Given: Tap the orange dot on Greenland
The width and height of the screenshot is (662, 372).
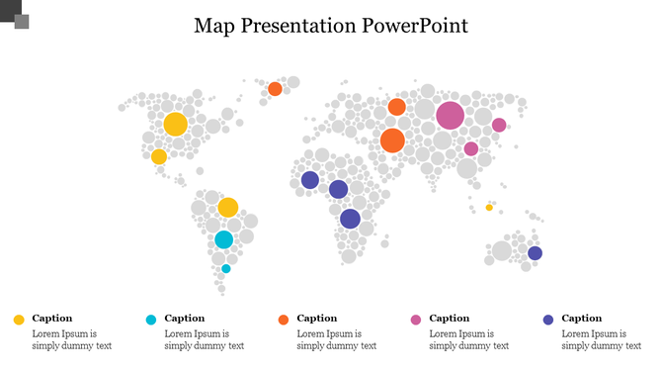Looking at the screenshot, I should (x=275, y=89).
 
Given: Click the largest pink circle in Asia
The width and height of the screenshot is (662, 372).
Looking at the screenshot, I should (x=450, y=115).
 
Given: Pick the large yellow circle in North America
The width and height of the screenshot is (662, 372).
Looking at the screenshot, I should (x=175, y=124).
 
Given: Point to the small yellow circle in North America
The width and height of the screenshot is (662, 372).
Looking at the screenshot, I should (x=159, y=156).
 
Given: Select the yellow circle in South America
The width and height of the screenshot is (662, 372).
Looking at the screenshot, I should (x=228, y=207).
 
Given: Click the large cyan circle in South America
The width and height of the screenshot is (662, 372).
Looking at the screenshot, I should (x=224, y=239).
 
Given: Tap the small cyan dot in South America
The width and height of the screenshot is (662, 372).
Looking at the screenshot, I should (x=226, y=268).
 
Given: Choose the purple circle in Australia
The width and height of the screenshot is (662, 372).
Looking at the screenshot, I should (x=535, y=253).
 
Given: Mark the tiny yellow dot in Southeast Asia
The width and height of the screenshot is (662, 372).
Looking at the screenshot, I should (x=489, y=208).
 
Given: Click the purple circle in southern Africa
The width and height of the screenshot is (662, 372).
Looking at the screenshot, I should (x=350, y=220).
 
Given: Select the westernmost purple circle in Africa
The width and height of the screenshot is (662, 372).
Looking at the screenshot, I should (x=309, y=180).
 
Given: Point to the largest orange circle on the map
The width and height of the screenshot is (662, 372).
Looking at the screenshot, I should (x=392, y=140).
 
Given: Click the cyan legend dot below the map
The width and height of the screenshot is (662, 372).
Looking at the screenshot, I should (x=151, y=320).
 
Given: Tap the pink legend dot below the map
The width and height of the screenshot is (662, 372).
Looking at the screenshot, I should (x=416, y=320).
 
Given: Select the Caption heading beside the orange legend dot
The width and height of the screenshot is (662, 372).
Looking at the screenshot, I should (x=317, y=319).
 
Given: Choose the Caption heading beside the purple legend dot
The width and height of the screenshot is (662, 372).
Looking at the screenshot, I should (x=582, y=319).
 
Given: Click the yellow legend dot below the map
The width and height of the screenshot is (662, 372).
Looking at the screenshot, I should (x=19, y=320).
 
